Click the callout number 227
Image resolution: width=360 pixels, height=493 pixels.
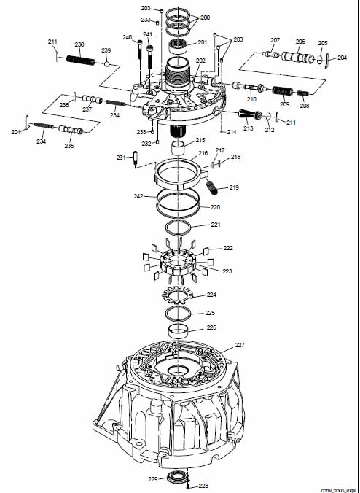(240, 345)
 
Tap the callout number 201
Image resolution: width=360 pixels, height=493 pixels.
(203, 42)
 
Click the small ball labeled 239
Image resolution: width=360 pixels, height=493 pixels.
(107, 64)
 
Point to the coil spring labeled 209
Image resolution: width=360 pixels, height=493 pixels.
(283, 91)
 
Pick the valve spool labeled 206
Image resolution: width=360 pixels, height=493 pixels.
(297, 57)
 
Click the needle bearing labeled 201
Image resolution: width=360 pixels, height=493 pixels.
(179, 47)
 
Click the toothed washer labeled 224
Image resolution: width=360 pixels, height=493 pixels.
(178, 296)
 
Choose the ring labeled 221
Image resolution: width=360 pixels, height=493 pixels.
(178, 228)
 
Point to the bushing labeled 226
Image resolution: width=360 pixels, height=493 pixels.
(178, 331)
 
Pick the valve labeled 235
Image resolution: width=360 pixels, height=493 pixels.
(71, 130)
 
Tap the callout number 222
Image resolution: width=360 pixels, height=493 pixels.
(228, 248)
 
